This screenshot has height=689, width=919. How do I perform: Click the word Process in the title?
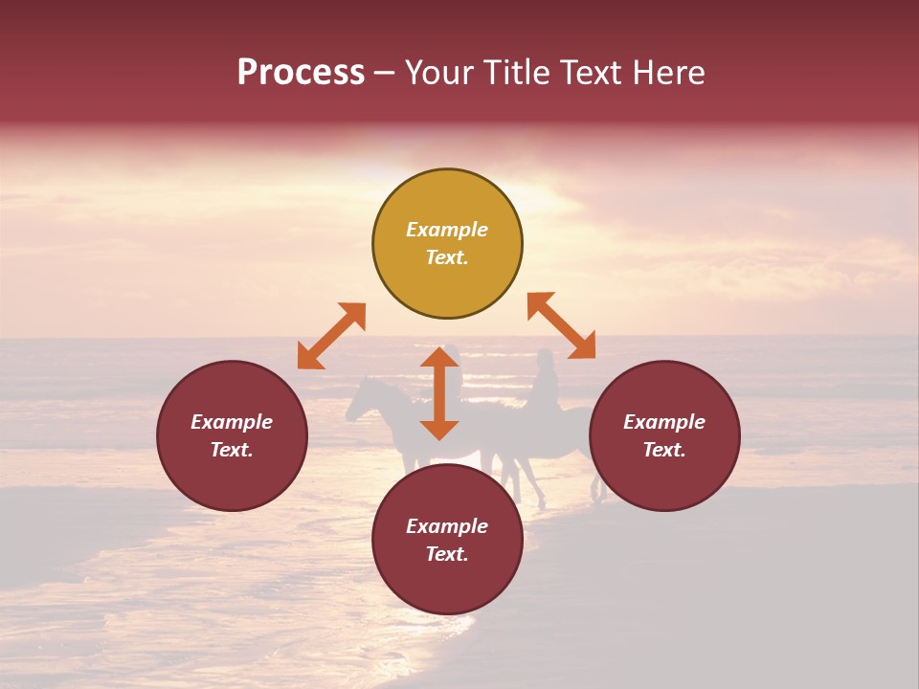click(x=301, y=73)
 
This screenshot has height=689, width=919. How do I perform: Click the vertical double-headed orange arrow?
click(x=439, y=393)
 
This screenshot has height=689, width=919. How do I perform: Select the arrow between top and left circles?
click(x=331, y=336)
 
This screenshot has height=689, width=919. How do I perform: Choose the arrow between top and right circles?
click(x=561, y=325)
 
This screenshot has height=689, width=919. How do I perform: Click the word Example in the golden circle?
click(x=447, y=230)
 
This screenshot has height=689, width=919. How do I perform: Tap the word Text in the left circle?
click(x=232, y=450)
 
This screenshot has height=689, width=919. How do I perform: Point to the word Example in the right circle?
click(x=664, y=422)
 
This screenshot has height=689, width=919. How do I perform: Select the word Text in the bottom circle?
click(x=447, y=554)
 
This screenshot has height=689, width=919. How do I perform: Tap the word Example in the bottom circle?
click(x=447, y=526)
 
